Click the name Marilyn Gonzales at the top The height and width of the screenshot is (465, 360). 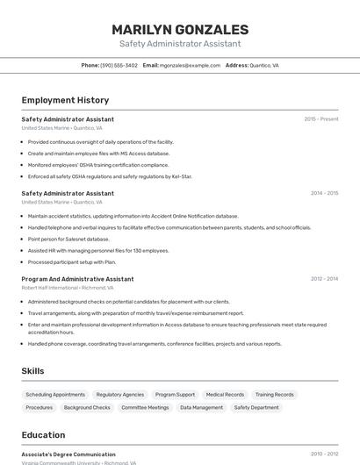pos(180,29)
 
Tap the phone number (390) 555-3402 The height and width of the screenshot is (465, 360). pos(119,65)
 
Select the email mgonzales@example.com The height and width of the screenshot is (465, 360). pos(190,65)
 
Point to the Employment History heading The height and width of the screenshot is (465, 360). pos(65,100)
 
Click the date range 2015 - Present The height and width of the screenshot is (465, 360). pos(320,118)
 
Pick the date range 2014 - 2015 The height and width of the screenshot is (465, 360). pos(324,193)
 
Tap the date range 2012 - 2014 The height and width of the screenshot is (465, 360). pos(324,279)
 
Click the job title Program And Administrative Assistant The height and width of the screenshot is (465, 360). pos(77,279)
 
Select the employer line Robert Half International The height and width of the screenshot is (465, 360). pos(50,288)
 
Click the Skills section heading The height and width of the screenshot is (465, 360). pos(33,371)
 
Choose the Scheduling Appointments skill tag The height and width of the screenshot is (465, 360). pos(55,395)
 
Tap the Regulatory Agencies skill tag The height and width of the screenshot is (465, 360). pos(120,395)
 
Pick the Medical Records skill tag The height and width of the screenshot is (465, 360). pos(225,395)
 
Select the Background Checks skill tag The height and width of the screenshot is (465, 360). pos(87,407)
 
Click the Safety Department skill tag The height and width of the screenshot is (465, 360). pos(256,407)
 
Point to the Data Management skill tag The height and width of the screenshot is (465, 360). pos(201,407)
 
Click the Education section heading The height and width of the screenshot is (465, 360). pos(43,434)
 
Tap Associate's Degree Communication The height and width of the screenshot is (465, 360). pos(68,454)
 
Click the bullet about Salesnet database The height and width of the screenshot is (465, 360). pos(68,239)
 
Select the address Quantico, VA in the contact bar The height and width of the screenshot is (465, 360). pos(264,65)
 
